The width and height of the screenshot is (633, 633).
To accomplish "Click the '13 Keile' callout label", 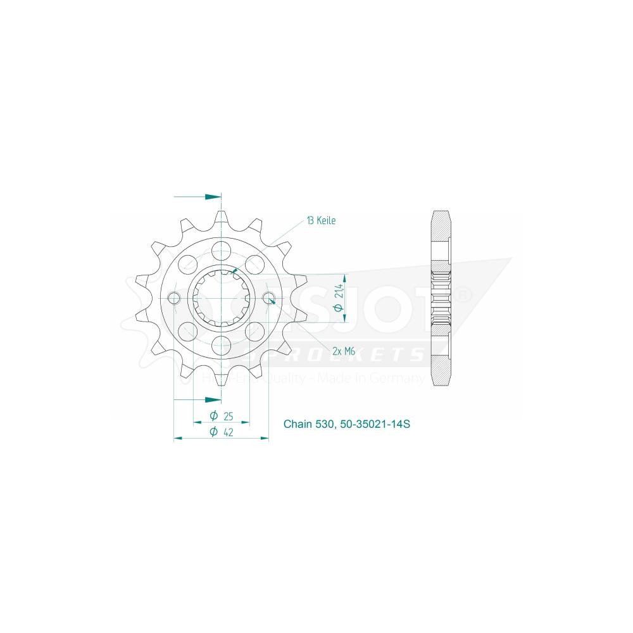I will [x=321, y=221].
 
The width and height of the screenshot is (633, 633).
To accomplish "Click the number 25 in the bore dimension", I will [x=229, y=416].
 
